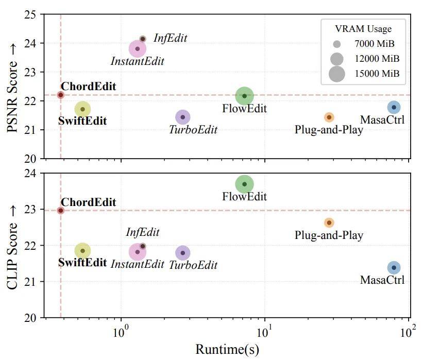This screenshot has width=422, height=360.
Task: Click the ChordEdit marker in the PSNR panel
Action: [61, 95]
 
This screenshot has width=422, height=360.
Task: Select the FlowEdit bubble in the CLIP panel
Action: [244, 184]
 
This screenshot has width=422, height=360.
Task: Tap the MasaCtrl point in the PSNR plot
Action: [394, 107]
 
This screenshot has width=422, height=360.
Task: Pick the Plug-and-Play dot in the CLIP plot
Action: [329, 223]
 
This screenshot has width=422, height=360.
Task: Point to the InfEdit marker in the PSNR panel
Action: [143, 39]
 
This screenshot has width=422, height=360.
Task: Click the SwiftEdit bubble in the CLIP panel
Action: [82, 251]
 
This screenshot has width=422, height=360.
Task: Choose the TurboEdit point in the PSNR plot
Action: [183, 117]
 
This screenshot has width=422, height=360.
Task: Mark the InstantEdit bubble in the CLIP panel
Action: [137, 252]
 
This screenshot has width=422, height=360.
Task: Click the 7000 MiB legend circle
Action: [336, 44]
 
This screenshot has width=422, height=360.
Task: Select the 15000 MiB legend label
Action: [377, 74]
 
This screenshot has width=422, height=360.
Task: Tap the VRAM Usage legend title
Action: [363, 29]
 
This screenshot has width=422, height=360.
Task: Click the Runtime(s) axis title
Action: [227, 350]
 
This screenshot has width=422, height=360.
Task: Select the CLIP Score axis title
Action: [12, 248]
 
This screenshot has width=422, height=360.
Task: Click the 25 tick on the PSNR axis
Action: [30, 14]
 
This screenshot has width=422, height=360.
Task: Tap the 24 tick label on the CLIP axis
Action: [30, 173]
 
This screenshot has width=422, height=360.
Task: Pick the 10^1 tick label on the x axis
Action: [264, 332]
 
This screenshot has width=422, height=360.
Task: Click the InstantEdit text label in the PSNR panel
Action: [137, 61]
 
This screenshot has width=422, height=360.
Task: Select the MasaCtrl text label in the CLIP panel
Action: [382, 280]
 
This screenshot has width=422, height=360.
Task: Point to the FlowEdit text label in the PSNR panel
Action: [244, 109]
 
